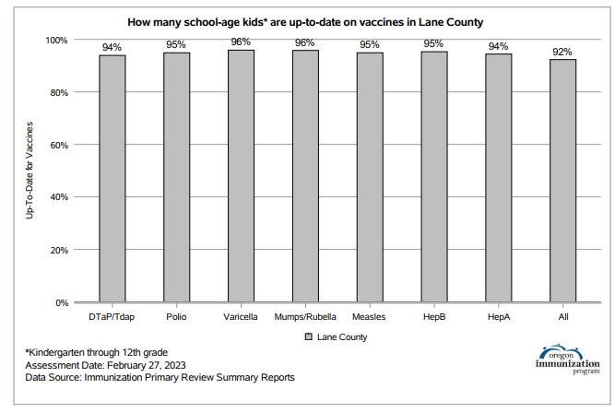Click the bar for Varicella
click(241, 176)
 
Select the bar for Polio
click(176, 177)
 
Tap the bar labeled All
click(562, 181)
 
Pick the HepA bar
click(499, 178)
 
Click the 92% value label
click(562, 52)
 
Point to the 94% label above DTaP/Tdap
click(112, 47)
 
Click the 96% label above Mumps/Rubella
click(305, 42)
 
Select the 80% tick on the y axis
click(59, 93)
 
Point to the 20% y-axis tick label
click(59, 250)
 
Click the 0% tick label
click(62, 303)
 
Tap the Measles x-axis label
click(369, 317)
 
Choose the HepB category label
click(434, 317)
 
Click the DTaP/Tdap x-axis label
click(112, 317)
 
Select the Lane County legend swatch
click(309, 336)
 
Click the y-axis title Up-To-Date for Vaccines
click(30, 171)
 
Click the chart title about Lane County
click(305, 22)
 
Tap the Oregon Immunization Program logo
click(568, 359)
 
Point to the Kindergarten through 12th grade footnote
click(97, 352)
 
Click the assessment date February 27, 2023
click(147, 365)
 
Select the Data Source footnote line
click(160, 378)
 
